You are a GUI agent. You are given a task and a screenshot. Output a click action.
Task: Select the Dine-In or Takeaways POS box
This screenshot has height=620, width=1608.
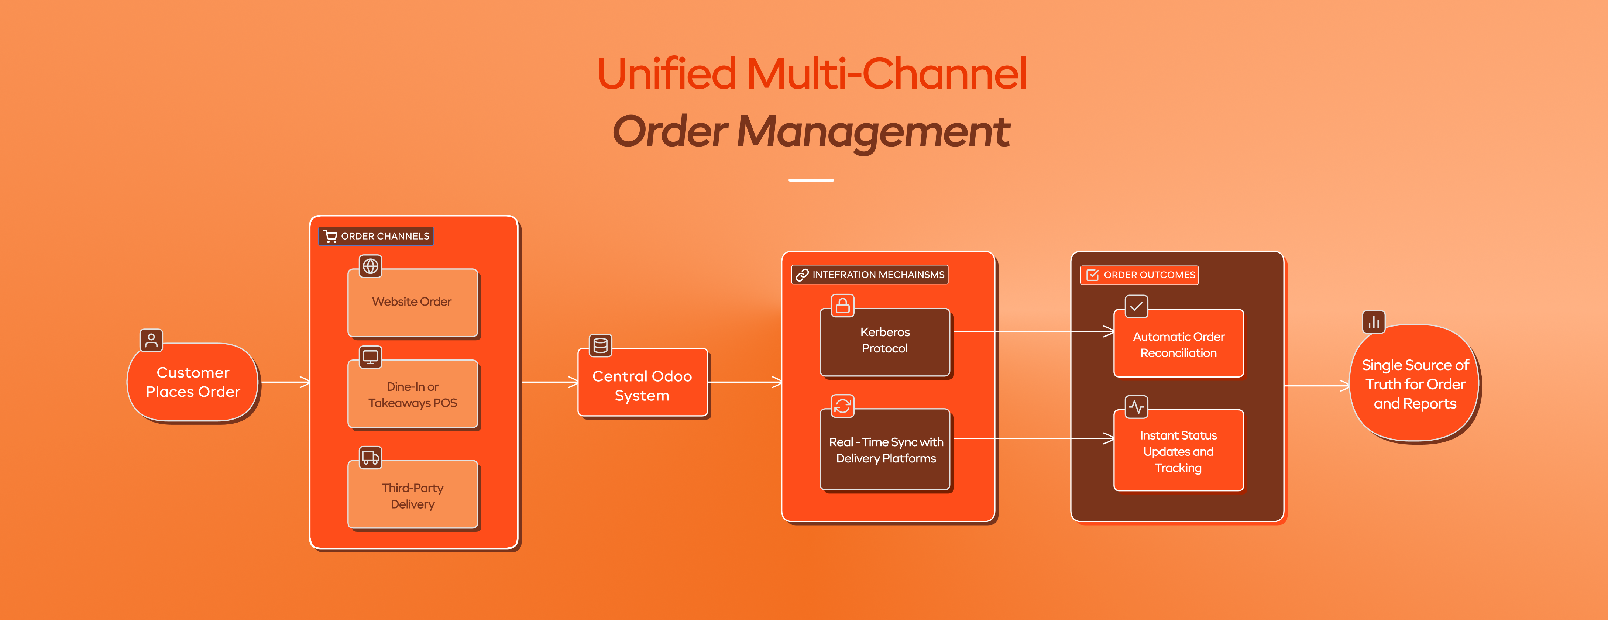[x=412, y=395]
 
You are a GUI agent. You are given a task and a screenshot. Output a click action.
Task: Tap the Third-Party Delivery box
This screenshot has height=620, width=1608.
[x=412, y=496]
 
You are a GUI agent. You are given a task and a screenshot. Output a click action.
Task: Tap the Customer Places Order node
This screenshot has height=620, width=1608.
[x=193, y=382]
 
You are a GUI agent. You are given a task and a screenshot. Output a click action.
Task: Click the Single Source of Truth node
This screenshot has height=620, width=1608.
[x=1415, y=384]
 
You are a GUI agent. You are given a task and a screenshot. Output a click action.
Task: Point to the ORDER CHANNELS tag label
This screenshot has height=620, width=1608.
[x=377, y=236]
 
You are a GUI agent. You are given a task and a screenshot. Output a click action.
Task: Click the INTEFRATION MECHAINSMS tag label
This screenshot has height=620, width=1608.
[x=870, y=275]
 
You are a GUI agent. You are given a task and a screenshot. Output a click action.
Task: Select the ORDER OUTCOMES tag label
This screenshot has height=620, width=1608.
[x=1140, y=275]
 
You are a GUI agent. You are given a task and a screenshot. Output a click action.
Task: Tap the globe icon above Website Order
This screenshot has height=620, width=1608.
[x=371, y=266]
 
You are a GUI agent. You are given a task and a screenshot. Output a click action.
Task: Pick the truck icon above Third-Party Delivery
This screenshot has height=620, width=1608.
[x=371, y=457]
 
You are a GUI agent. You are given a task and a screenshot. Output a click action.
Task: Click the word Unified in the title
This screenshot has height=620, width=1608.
[x=667, y=74]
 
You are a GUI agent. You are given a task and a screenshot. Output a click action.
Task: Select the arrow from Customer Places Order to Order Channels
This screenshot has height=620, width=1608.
[x=285, y=382]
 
